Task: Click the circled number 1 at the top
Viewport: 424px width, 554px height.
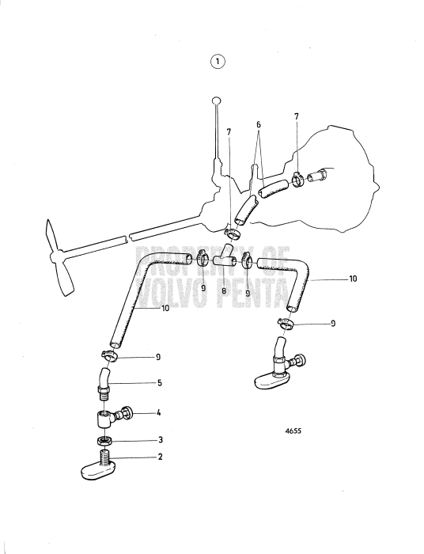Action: click(x=218, y=62)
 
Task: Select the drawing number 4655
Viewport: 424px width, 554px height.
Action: click(x=293, y=431)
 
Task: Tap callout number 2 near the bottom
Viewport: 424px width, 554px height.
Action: click(x=160, y=457)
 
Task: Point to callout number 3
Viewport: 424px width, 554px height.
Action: click(x=161, y=440)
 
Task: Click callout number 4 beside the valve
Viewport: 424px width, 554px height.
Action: click(x=159, y=412)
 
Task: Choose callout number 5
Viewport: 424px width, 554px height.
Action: click(x=160, y=382)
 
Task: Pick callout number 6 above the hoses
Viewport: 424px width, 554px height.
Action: click(x=259, y=125)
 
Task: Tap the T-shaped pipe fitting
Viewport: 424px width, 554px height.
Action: click(x=225, y=257)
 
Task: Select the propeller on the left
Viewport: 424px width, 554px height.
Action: click(x=59, y=257)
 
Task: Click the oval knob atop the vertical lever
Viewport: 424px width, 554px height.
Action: click(x=217, y=101)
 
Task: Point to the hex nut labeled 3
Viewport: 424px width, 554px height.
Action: click(x=105, y=441)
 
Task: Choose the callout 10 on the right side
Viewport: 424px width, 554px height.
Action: click(x=353, y=279)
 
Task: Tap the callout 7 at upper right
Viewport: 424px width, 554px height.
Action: click(x=297, y=116)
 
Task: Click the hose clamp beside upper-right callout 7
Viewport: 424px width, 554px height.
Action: click(x=298, y=180)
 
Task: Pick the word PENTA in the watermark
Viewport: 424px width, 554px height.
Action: click(x=252, y=293)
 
